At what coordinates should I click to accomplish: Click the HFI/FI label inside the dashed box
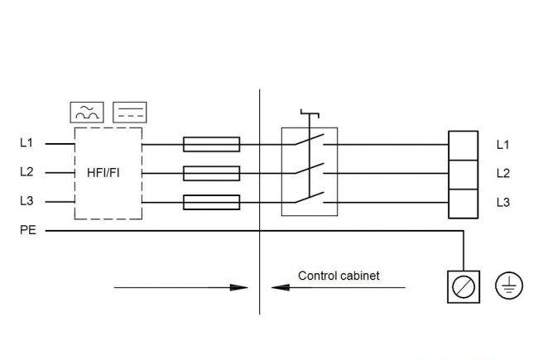pyautogui.click(x=103, y=173)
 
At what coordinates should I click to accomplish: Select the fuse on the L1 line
pyautogui.click(x=211, y=145)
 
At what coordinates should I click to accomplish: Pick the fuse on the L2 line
pyautogui.click(x=211, y=173)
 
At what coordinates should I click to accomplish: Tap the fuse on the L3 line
pyautogui.click(x=211, y=203)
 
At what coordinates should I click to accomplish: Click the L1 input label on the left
pyautogui.click(x=26, y=142)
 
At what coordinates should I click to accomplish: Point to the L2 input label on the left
pyautogui.click(x=26, y=171)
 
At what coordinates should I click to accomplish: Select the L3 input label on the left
pyautogui.click(x=26, y=201)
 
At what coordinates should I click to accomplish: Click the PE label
pyautogui.click(x=28, y=230)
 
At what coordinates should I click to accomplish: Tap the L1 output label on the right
pyautogui.click(x=503, y=145)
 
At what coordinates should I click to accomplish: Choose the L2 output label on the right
pyautogui.click(x=503, y=173)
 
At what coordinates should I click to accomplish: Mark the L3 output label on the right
pyautogui.click(x=503, y=202)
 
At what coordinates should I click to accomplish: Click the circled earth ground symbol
pyautogui.click(x=509, y=286)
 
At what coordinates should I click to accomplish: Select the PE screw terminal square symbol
pyautogui.click(x=464, y=287)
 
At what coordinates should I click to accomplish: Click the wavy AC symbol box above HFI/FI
pyautogui.click(x=87, y=113)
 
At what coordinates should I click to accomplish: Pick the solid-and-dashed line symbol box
pyautogui.click(x=130, y=113)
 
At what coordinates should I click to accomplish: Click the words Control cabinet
pyautogui.click(x=339, y=276)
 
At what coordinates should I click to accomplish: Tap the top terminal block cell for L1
pyautogui.click(x=464, y=146)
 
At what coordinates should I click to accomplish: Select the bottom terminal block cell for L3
pyautogui.click(x=464, y=204)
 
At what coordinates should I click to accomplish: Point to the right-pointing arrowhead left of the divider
pyautogui.click(x=238, y=288)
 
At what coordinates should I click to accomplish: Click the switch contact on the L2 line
pyautogui.click(x=310, y=169)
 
